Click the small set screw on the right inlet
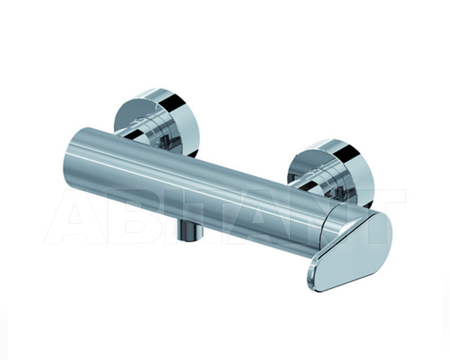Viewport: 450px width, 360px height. tap(341, 192)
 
